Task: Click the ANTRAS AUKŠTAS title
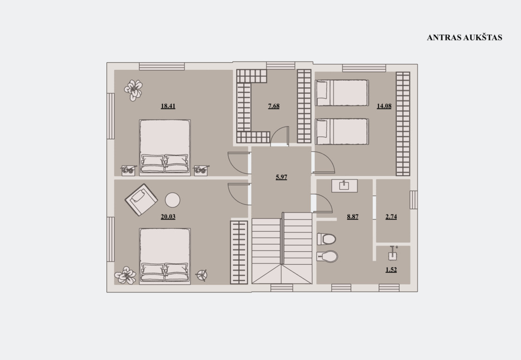[x=464, y=37]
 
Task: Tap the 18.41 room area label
[x=168, y=106]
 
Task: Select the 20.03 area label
[x=168, y=217]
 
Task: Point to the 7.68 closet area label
[x=274, y=106]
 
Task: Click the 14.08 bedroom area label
[x=384, y=106]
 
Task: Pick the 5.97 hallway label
[x=282, y=177]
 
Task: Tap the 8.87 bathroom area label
[x=352, y=217]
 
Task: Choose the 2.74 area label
[x=391, y=217]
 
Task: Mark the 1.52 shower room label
[x=391, y=270]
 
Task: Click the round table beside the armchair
[x=173, y=200]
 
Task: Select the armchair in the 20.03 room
[x=141, y=200]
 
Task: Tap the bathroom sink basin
[x=344, y=186]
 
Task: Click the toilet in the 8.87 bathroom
[x=326, y=239]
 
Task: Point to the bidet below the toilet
[x=327, y=256]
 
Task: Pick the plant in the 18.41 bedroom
[x=133, y=90]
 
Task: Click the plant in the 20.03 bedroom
[x=125, y=275]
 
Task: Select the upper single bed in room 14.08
[x=342, y=93]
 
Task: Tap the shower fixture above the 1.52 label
[x=393, y=254]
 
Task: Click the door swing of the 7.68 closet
[x=280, y=136]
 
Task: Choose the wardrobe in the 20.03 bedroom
[x=239, y=252]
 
